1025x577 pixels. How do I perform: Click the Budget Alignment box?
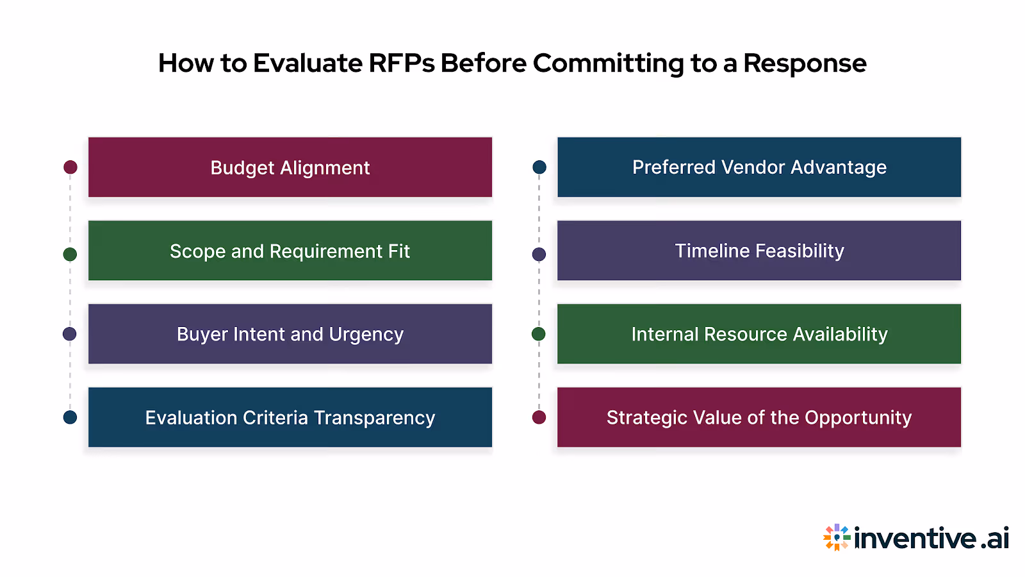(290, 167)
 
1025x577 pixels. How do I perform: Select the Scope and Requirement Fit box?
(290, 251)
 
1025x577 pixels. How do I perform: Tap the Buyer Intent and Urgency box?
(290, 334)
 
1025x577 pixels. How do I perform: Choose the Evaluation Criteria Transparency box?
(290, 417)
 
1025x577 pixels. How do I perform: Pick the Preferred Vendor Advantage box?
(759, 167)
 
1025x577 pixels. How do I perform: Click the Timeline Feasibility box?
(759, 251)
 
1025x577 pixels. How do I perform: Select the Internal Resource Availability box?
(759, 334)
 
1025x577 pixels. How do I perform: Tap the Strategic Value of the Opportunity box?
(759, 417)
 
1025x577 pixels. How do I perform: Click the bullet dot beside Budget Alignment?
(70, 167)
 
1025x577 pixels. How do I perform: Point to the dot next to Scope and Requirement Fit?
(70, 255)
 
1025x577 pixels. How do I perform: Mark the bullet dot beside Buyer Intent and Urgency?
(70, 334)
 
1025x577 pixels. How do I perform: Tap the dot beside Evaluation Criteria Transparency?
(70, 417)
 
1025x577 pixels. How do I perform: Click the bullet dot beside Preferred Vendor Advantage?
(539, 167)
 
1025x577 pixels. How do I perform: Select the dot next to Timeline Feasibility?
(539, 255)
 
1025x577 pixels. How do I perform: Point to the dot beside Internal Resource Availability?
(539, 334)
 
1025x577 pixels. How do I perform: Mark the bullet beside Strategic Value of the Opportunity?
(539, 417)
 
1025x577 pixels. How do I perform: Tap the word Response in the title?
(805, 63)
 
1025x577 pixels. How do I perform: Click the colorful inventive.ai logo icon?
(837, 537)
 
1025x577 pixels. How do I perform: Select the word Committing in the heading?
(608, 63)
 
